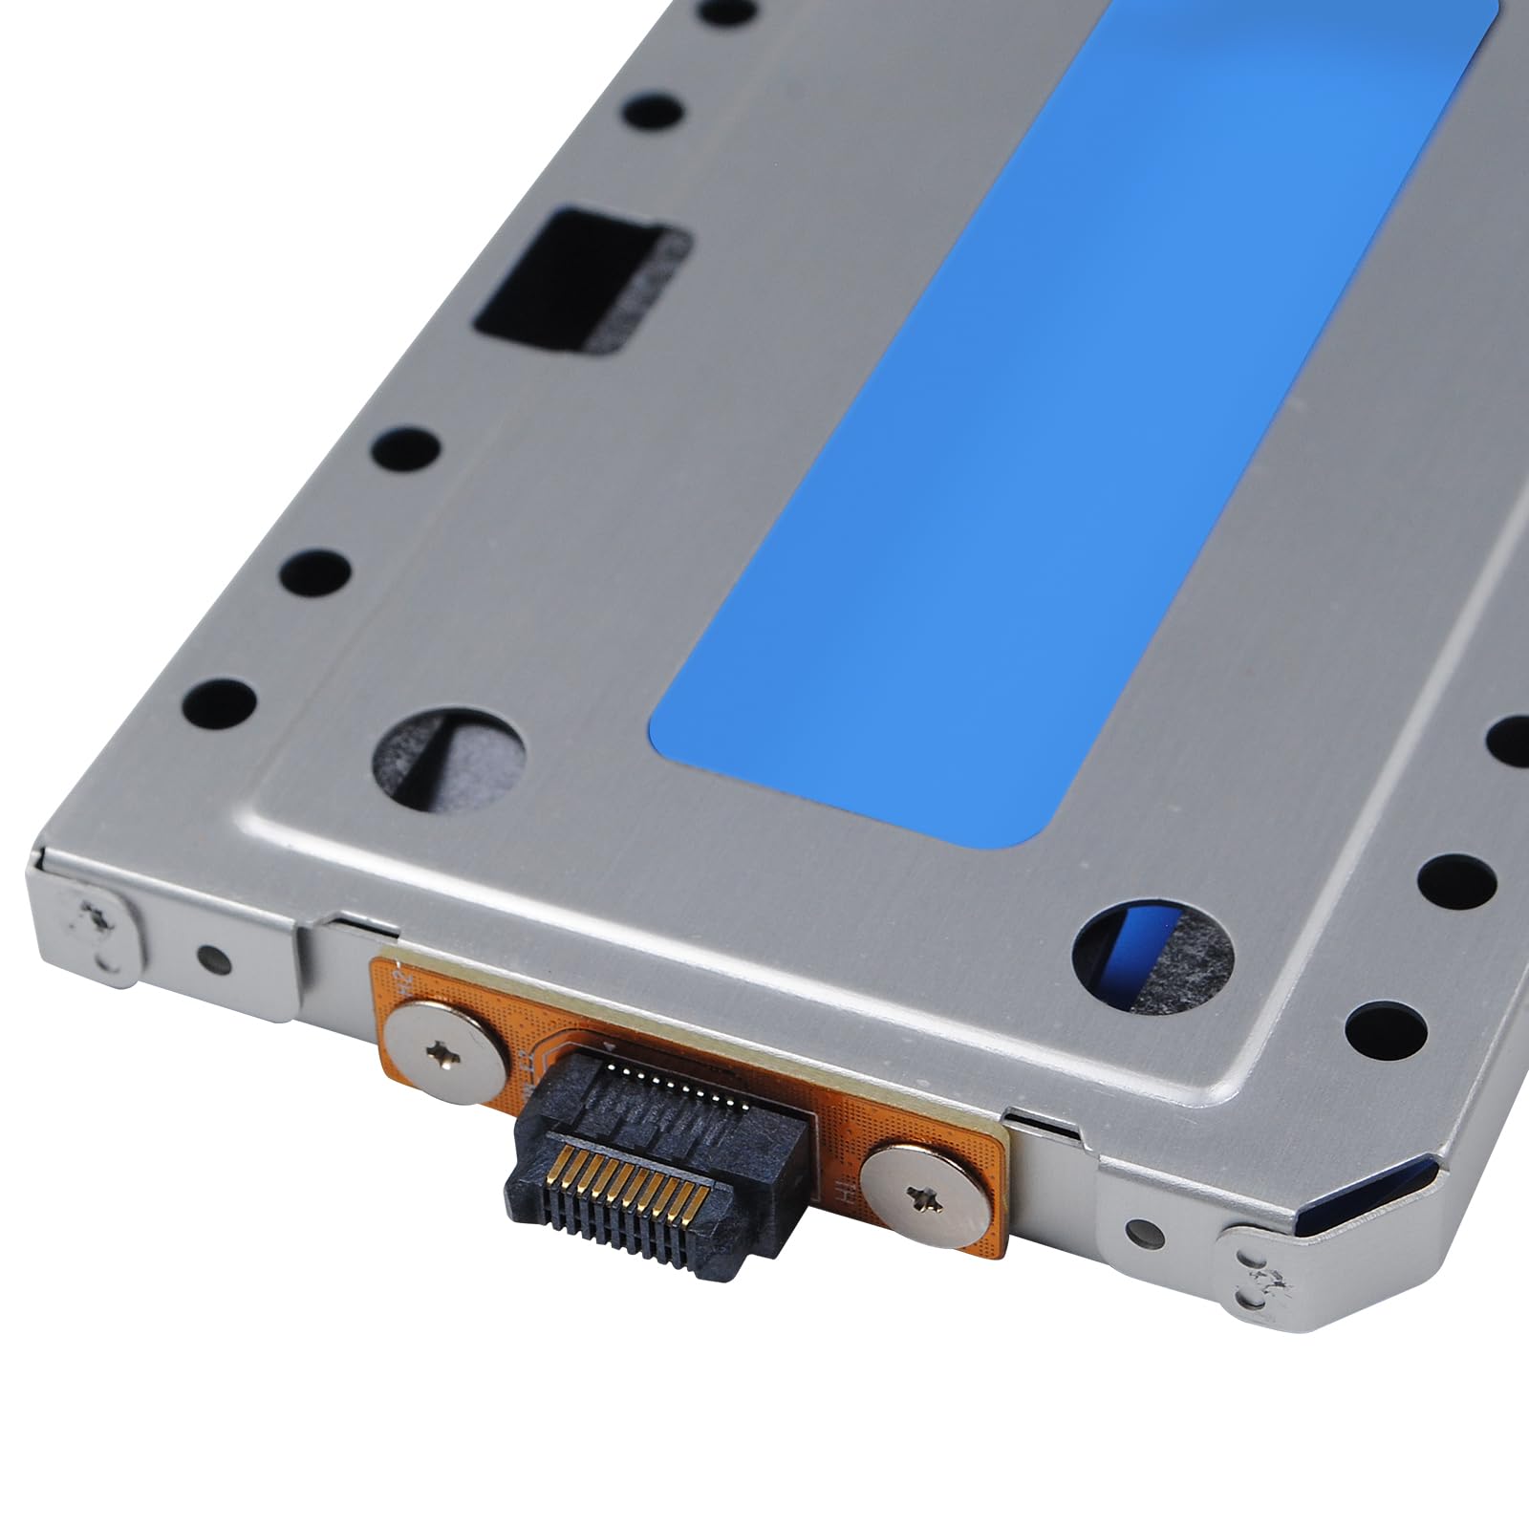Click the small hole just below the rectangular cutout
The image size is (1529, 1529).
coord(401,445)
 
